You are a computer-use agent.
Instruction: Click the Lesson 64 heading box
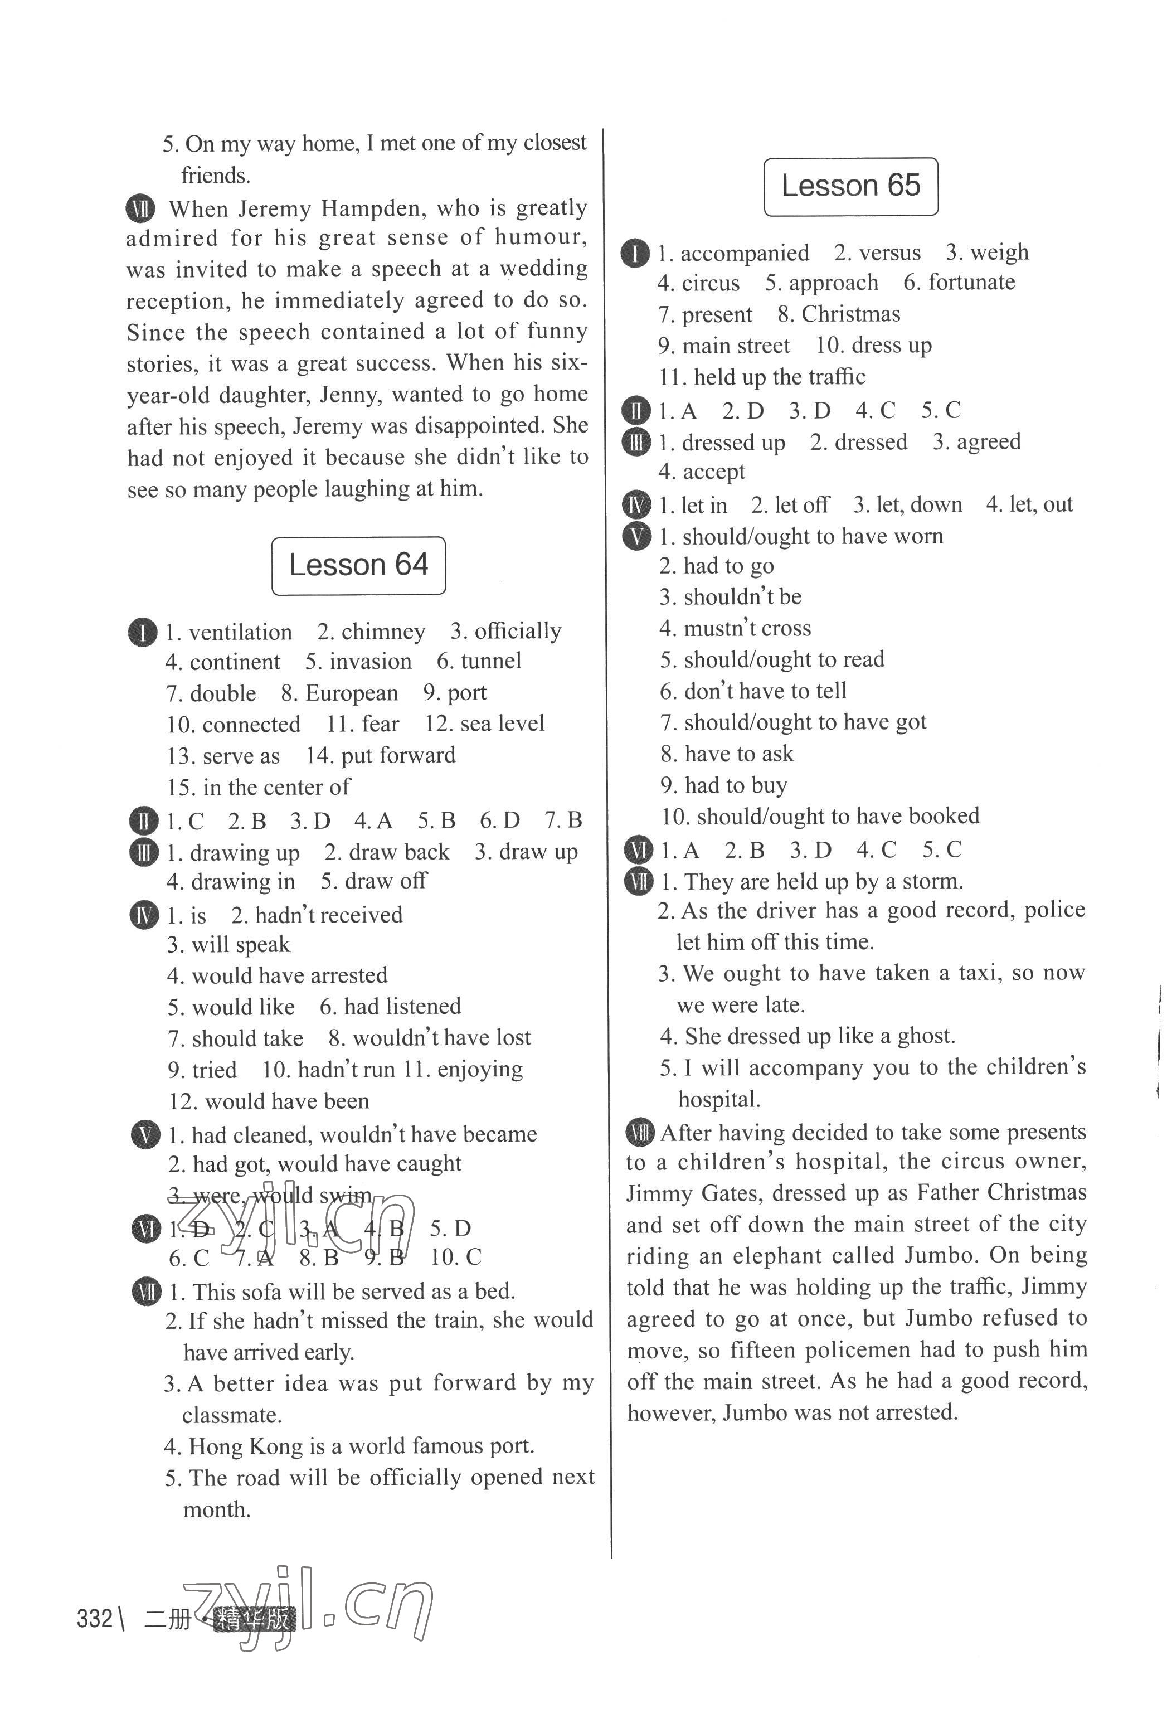pos(358,566)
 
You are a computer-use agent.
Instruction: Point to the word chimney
pos(383,632)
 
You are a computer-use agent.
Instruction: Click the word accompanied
pos(744,253)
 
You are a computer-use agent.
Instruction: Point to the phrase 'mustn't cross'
pos(747,628)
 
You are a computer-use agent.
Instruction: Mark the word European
pos(352,693)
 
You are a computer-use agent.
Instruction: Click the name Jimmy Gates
pos(695,1193)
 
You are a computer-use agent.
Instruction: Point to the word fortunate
pos(971,283)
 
